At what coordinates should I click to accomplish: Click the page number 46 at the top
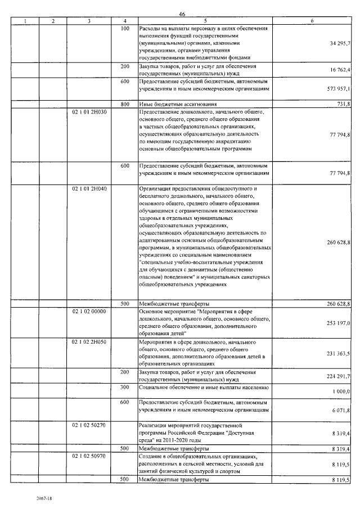pyautogui.click(x=182, y=14)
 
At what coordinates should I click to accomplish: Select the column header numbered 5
pyautogui.click(x=206, y=21)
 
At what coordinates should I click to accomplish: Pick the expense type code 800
pyautogui.click(x=125, y=104)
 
